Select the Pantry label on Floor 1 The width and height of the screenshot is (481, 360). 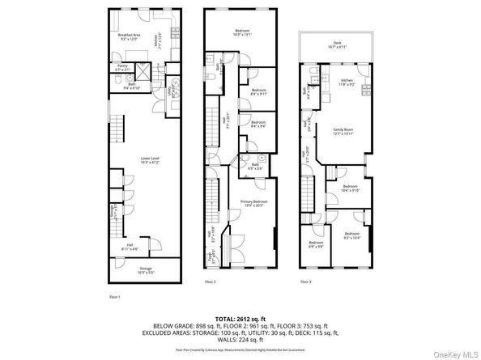point(123,68)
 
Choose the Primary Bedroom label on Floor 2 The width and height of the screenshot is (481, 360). point(252,202)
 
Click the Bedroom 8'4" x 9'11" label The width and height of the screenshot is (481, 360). point(259,91)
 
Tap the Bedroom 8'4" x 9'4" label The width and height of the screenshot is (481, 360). point(259,124)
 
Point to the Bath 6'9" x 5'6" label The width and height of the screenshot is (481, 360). point(256,166)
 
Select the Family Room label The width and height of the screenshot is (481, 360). point(345,131)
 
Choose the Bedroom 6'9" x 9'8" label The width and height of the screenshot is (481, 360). point(315,244)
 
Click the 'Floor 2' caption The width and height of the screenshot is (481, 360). point(210,282)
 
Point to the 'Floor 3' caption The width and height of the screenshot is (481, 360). point(305,282)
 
